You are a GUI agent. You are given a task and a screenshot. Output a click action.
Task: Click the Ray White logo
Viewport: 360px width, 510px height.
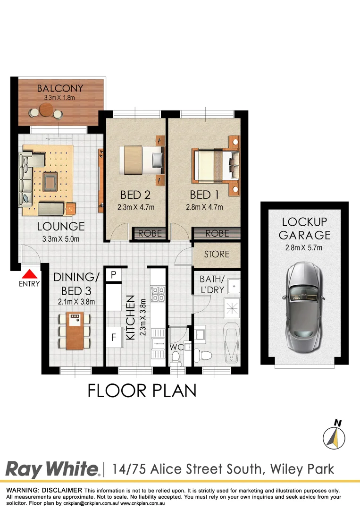pos(52,469)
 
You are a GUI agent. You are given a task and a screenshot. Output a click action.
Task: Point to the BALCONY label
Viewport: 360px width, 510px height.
pos(60,88)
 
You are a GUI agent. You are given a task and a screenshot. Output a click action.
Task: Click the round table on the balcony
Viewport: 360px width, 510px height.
pos(46,111)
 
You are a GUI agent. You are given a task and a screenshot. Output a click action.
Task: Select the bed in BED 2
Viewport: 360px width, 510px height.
pos(142,159)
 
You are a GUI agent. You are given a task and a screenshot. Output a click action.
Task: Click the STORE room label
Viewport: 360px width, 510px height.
pos(217,255)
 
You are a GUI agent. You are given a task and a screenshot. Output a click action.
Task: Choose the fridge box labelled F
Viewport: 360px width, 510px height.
pos(113,337)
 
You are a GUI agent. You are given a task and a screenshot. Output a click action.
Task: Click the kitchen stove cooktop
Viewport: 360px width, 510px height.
pos(157,294)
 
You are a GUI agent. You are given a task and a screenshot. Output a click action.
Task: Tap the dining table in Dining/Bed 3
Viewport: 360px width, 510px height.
pos(75,331)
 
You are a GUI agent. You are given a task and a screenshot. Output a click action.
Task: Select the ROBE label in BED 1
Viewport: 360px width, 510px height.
pos(218,233)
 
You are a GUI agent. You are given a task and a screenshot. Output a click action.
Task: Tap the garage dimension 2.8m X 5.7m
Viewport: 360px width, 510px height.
pos(304,248)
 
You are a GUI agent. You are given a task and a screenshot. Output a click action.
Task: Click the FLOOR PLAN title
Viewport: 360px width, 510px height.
pos(142,391)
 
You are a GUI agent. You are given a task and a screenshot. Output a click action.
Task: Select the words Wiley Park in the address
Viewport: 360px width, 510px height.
pos(302,469)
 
